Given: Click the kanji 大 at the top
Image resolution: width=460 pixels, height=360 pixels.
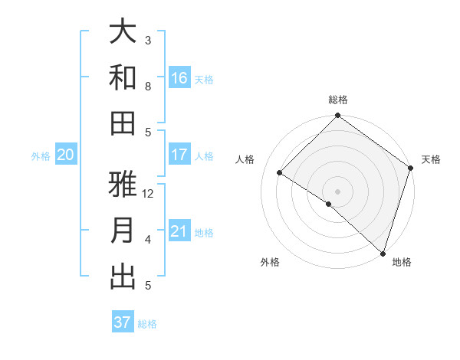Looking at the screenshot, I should coord(123,32).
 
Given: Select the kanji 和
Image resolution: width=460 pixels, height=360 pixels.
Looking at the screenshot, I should coord(123,77).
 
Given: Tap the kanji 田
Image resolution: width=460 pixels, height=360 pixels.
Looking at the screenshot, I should coord(123,123).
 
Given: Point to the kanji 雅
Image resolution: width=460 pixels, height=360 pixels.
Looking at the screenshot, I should coord(123,185).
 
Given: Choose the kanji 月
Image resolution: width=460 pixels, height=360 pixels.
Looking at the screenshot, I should coord(123,231).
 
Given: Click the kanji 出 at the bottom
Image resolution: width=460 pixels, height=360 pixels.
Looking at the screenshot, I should coord(123,277).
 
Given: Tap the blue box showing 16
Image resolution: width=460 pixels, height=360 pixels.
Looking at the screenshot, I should coord(179,77).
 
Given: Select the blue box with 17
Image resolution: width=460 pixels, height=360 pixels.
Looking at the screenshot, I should coord(179,154).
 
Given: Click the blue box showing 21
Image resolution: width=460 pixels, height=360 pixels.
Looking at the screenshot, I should coord(179,231).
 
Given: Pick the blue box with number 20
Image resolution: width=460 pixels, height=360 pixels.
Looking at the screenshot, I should coord(65,155).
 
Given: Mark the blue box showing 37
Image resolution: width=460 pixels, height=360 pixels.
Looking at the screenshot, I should coord(123,322).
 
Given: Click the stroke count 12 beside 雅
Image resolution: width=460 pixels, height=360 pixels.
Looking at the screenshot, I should coord(148,194).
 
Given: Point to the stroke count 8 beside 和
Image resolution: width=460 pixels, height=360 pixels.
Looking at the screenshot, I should coord(148,87).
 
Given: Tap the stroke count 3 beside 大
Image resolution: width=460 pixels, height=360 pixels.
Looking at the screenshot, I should coord(148,41).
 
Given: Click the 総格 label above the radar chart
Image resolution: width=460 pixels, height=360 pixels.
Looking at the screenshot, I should coord(338,100).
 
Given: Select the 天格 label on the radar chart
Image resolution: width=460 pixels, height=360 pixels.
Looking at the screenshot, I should coord(431,159).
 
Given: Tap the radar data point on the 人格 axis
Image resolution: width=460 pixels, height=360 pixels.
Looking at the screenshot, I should coord(280,173).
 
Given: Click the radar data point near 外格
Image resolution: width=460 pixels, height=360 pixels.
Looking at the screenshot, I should coord(329,204).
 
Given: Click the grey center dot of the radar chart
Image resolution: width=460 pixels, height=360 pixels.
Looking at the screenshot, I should coord(338,191).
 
